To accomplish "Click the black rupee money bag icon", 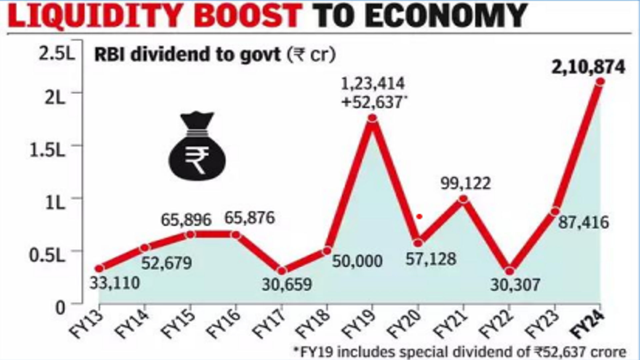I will click(x=197, y=147).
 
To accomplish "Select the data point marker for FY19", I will click(x=373, y=118).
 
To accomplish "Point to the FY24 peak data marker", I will click(x=600, y=81).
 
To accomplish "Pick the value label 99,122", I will click(x=466, y=183).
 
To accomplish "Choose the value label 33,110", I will click(x=114, y=283).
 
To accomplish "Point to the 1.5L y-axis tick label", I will click(x=47, y=150).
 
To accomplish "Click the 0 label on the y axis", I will click(x=60, y=308).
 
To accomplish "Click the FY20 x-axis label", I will click(x=405, y=324).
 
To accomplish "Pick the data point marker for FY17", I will click(x=282, y=271).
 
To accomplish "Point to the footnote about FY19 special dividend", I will click(x=460, y=352).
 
